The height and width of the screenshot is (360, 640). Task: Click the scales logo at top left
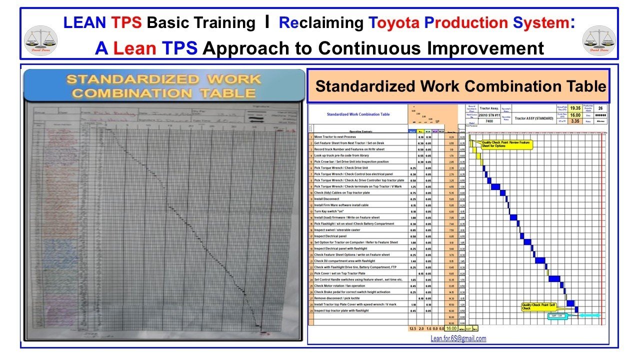pyautogui.click(x=40, y=40)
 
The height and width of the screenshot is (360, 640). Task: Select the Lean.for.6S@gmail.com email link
pyautogui.click(x=458, y=338)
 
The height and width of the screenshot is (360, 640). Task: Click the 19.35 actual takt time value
pyautogui.click(x=575, y=108)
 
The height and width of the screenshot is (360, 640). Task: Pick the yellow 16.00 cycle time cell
pyautogui.click(x=575, y=114)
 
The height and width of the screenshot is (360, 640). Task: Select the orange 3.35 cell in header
pyautogui.click(x=575, y=121)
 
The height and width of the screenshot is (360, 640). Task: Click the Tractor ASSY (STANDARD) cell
pyautogui.click(x=534, y=118)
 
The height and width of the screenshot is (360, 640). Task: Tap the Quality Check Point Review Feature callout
pyautogui.click(x=506, y=144)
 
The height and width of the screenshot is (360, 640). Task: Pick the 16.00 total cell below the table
pyautogui.click(x=451, y=328)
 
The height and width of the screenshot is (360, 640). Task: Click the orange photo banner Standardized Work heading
pyautogui.click(x=164, y=86)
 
